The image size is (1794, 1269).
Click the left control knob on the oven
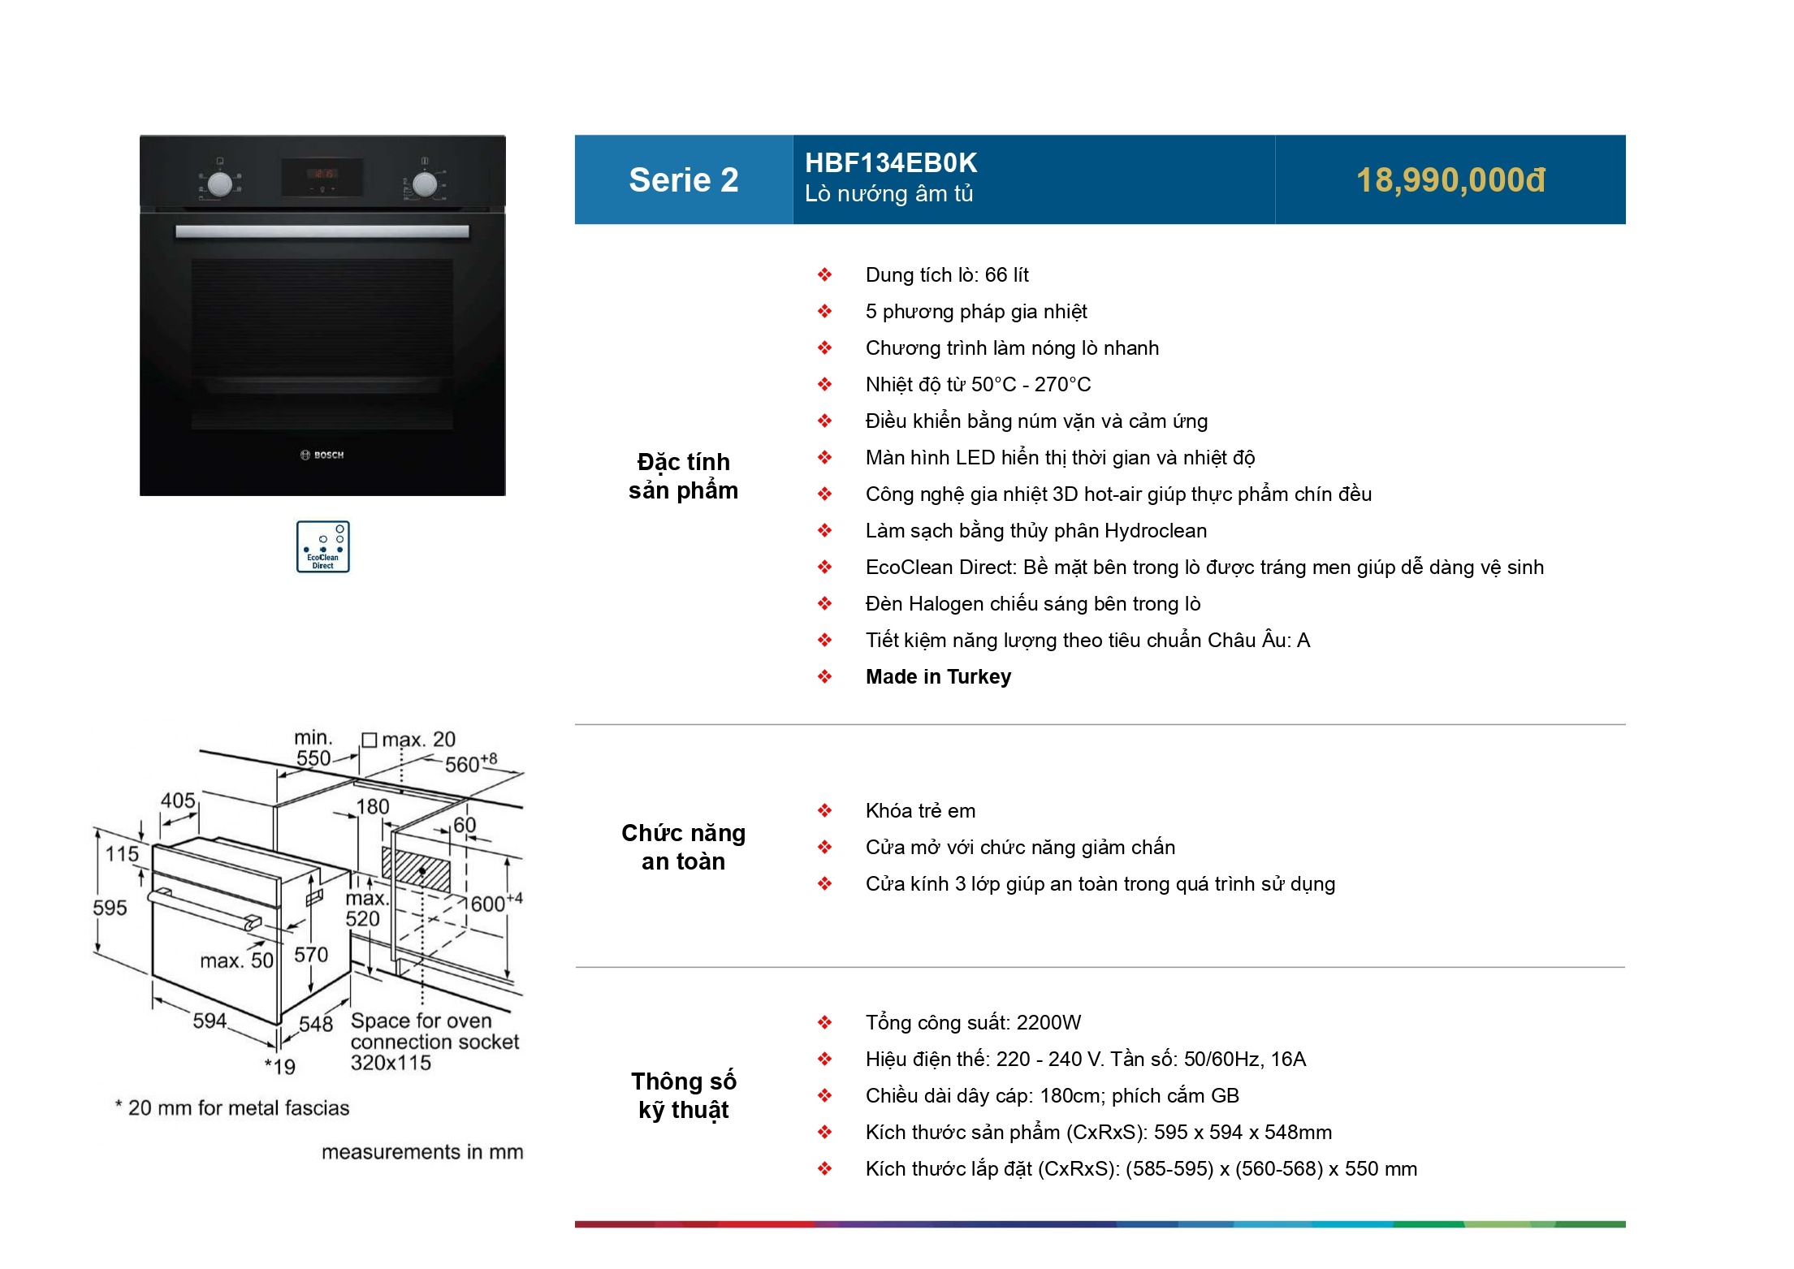tap(219, 184)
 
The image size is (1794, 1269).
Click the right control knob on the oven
tap(424, 184)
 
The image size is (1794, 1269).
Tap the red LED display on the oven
tap(323, 174)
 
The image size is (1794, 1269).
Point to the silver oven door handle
tap(322, 231)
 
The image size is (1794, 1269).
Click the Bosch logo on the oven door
tap(322, 455)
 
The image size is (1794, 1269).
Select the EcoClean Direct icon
tap(323, 546)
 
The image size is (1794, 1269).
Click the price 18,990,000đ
tap(1450, 180)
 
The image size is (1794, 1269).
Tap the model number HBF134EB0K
tap(891, 163)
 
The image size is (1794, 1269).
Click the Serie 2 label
tap(683, 180)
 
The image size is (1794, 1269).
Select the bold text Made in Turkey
tap(938, 676)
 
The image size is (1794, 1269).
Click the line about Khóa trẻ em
tap(920, 810)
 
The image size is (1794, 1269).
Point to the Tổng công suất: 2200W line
tap(973, 1022)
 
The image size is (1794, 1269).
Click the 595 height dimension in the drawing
tap(110, 907)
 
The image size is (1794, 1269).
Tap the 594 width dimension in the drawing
tap(210, 1020)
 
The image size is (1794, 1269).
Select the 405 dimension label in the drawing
tap(178, 801)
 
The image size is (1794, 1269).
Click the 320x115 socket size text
tap(391, 1063)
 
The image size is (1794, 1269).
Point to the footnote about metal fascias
tap(232, 1107)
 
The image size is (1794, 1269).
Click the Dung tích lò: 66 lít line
tap(947, 274)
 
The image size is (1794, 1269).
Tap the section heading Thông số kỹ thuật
tap(683, 1095)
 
